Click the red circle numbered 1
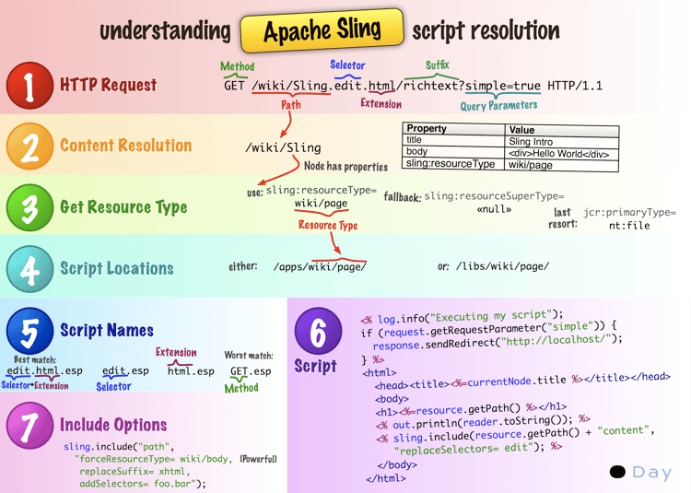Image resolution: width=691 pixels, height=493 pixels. coord(30,86)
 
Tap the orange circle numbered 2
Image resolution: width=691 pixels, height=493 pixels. coord(30,146)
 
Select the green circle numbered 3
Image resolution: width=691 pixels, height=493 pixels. coord(30,207)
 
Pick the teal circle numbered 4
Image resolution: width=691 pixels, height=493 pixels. coord(30,269)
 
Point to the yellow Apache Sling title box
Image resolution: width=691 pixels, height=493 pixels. coord(322,30)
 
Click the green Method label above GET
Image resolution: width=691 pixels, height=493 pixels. coord(238,67)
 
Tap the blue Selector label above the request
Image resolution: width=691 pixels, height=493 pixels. coord(347,65)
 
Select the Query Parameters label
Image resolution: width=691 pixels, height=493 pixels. coord(498,105)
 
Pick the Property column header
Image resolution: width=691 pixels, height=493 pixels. coord(427,130)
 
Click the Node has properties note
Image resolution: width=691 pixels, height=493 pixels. coord(345,167)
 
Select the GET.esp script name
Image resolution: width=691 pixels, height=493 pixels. coord(250,371)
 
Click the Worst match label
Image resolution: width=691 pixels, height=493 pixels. coord(248,355)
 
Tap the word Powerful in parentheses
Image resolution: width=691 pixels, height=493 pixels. coord(258,459)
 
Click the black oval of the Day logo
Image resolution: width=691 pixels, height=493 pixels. coord(617,472)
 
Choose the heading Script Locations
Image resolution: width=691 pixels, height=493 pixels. coord(116,269)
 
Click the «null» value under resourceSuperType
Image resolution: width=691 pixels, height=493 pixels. coord(494,210)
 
